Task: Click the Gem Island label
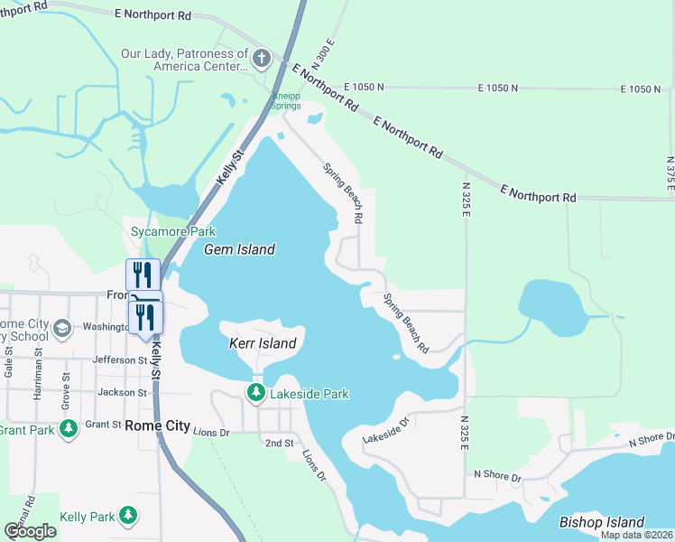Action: pyautogui.click(x=239, y=249)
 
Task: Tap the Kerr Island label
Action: pyautogui.click(x=263, y=343)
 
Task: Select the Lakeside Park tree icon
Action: pyautogui.click(x=257, y=393)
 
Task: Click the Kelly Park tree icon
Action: pyautogui.click(x=128, y=516)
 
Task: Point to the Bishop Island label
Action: pyautogui.click(x=602, y=522)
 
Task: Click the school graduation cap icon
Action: pyautogui.click(x=61, y=327)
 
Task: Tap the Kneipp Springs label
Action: pyautogui.click(x=288, y=100)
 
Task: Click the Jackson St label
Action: pyautogui.click(x=122, y=392)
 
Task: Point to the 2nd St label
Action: pyautogui.click(x=279, y=444)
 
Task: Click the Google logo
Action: pyautogui.click(x=31, y=531)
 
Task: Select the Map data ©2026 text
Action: pyautogui.click(x=637, y=535)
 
